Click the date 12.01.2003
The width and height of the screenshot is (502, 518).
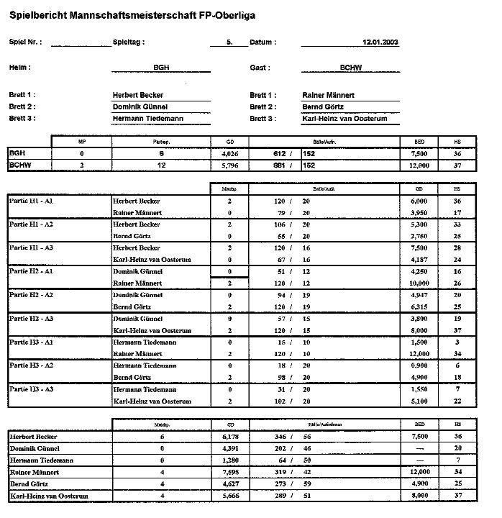tap(380, 42)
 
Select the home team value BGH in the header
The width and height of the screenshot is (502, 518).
tap(161, 68)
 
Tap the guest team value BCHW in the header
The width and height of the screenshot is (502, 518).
tap(350, 68)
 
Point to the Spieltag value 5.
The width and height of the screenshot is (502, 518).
tap(229, 42)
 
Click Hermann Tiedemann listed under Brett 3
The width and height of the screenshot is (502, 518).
tap(148, 119)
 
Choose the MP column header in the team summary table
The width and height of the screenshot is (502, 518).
tap(81, 142)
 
